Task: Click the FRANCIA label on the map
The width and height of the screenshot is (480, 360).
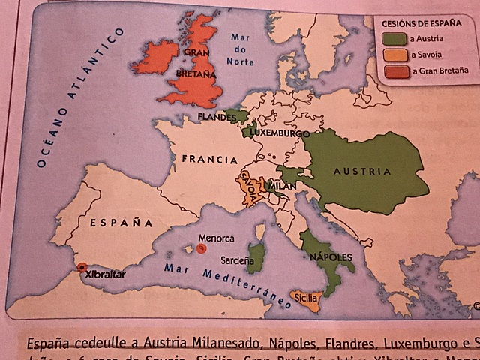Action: (209, 160)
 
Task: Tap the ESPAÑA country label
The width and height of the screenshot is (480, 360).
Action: (121, 223)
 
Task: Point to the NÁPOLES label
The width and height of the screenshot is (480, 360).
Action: (330, 257)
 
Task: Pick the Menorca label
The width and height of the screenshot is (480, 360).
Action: (216, 238)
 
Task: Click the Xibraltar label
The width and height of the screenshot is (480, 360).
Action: (103, 274)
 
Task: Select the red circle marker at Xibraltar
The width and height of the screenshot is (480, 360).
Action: (82, 267)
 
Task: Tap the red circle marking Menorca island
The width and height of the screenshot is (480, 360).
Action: (202, 249)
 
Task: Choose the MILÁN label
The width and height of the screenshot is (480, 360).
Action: (277, 185)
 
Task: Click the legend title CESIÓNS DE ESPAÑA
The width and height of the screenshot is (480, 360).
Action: (423, 22)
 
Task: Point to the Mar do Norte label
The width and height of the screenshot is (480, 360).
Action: (241, 49)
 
